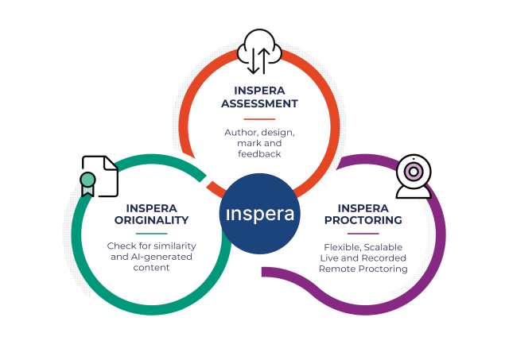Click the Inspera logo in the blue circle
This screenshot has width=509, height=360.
(x=259, y=215)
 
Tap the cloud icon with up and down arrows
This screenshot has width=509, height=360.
(x=260, y=49)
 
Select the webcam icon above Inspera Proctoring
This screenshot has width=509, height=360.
(x=413, y=176)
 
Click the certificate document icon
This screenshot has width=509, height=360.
(x=100, y=176)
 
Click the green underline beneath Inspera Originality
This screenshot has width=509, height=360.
(x=151, y=234)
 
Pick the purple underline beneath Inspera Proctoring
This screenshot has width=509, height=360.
(x=363, y=234)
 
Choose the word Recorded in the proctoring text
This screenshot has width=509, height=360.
(x=385, y=257)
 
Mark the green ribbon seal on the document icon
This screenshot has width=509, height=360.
(x=87, y=180)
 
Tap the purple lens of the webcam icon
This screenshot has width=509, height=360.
(x=413, y=171)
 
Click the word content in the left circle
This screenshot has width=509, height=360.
(x=151, y=268)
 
